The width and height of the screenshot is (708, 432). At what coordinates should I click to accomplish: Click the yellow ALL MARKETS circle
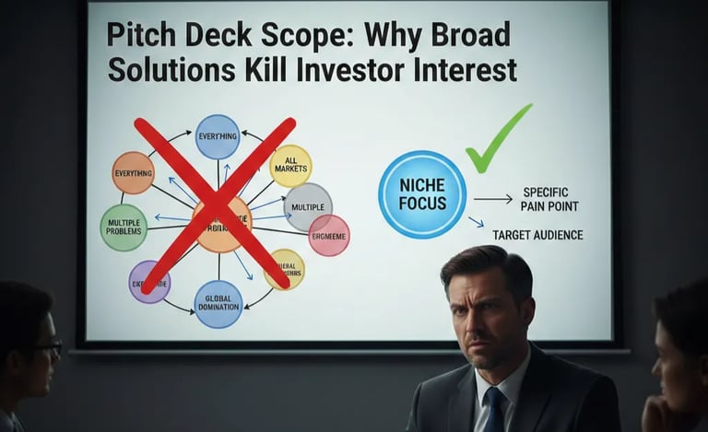pyautogui.click(x=290, y=166)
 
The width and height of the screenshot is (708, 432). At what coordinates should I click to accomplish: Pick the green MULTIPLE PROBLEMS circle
pyautogui.click(x=124, y=228)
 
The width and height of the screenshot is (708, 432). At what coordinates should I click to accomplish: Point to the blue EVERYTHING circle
pyautogui.click(x=218, y=136)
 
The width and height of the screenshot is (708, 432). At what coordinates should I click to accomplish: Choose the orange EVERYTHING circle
pyautogui.click(x=133, y=172)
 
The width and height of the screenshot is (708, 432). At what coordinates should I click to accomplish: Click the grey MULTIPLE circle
pyautogui.click(x=308, y=206)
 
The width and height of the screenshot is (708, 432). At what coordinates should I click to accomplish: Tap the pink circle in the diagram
pyautogui.click(x=329, y=235)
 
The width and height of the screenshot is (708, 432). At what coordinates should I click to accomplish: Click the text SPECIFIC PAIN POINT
pyautogui.click(x=550, y=199)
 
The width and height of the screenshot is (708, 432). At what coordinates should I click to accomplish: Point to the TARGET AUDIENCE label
pyautogui.click(x=537, y=236)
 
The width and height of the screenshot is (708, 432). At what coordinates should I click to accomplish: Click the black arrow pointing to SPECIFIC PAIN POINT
pyautogui.click(x=493, y=198)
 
